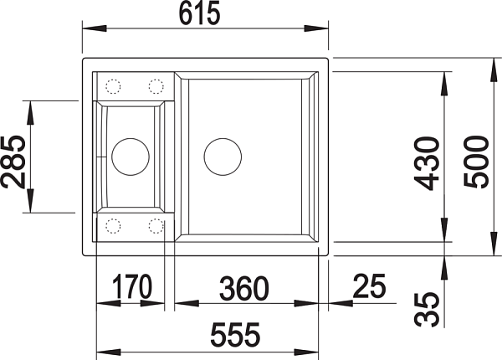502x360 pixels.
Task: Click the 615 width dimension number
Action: click(x=199, y=13)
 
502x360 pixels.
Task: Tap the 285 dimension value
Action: click(x=13, y=162)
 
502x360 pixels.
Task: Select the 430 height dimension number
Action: click(x=427, y=163)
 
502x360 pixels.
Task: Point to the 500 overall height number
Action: click(x=476, y=162)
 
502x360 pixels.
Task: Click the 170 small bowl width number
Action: click(x=132, y=286)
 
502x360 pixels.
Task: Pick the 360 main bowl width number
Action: click(x=244, y=289)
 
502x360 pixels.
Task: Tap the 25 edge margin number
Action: click(x=370, y=285)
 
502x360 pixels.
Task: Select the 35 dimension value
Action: click(x=427, y=309)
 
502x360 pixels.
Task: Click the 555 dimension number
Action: click(x=235, y=335)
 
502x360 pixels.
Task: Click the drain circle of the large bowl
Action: click(x=223, y=157)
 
